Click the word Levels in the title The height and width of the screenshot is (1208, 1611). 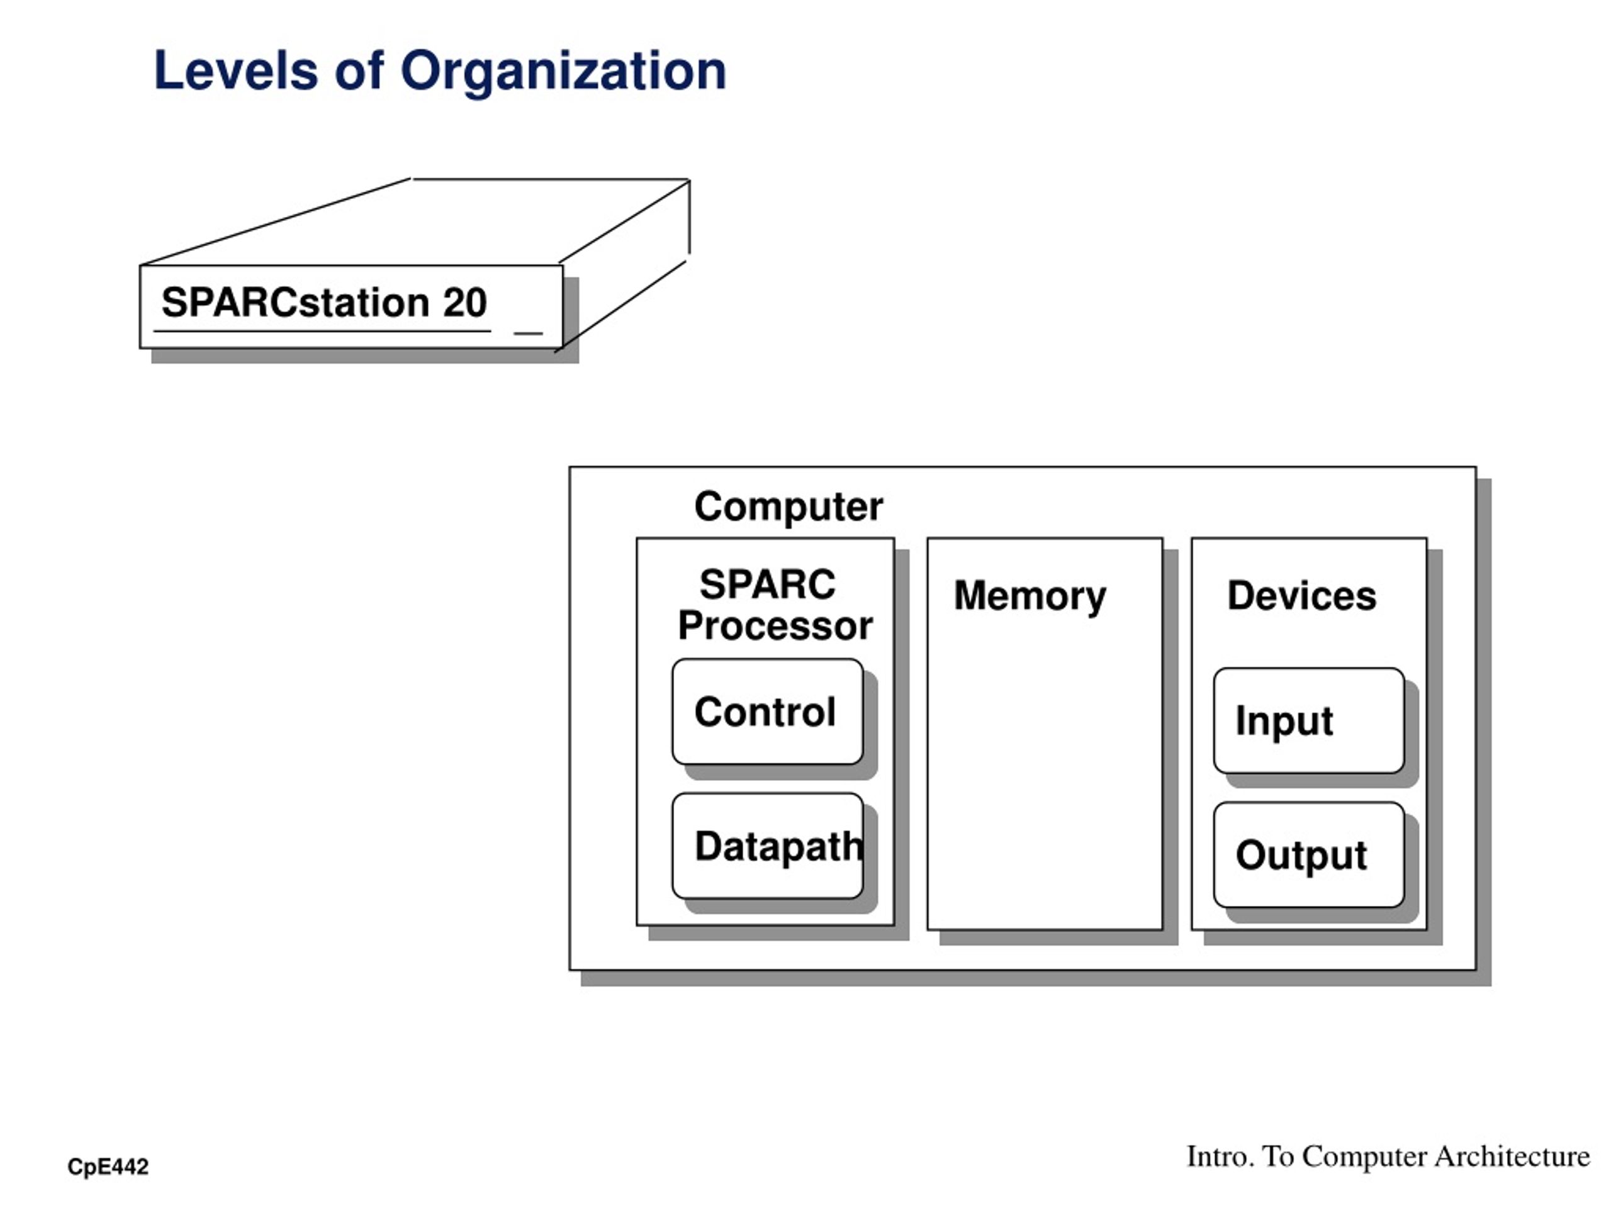point(236,70)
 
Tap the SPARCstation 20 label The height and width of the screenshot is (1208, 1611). point(324,303)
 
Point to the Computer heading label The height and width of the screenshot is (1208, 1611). point(789,506)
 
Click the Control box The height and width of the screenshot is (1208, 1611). point(768,712)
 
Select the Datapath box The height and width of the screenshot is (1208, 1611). point(768,846)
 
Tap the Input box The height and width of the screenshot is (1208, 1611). point(1309,721)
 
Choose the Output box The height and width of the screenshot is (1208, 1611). point(1309,855)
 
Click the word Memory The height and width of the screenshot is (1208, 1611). point(1030,596)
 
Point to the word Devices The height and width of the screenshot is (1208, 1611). point(1302,596)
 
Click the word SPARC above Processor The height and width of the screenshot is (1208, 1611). point(768,584)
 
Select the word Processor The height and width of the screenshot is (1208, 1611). point(775,625)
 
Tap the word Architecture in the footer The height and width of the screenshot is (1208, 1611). point(1512,1156)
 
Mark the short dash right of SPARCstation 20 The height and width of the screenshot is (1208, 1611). point(528,333)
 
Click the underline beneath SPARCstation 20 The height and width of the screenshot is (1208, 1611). point(322,332)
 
